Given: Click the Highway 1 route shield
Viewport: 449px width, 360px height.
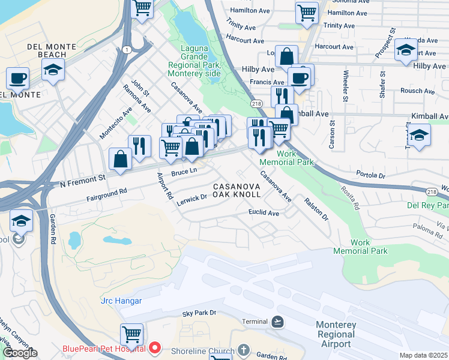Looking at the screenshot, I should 127,49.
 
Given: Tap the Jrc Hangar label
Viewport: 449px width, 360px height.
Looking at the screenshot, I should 121,301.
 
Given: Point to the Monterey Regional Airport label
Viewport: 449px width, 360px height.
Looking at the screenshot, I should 336,334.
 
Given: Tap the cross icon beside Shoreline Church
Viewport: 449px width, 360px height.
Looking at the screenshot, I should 244,349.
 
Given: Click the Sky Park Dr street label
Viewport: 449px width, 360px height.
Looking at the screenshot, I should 202,314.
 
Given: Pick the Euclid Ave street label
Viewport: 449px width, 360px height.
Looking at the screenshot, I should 264,213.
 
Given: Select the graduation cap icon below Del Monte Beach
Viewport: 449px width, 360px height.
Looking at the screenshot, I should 53,71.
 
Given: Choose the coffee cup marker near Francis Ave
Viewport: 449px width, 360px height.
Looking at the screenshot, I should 299,77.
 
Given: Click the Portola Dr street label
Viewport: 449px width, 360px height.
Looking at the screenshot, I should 370,175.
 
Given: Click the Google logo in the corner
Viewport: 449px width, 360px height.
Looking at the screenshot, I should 19,353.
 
